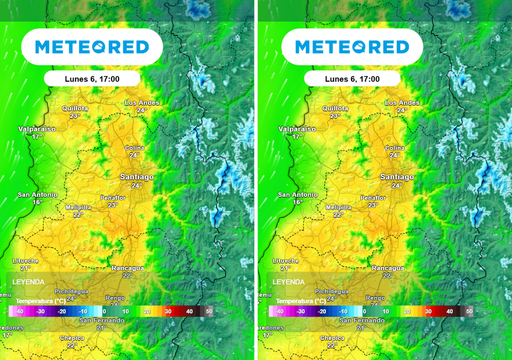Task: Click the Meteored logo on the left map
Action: point(92,47)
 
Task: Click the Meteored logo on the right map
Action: point(352,47)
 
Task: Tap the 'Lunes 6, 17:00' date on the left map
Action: point(92,79)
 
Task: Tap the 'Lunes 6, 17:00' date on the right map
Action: point(352,79)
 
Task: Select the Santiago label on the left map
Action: point(136,177)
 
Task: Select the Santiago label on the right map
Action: point(397,177)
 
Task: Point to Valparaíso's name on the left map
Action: point(37,129)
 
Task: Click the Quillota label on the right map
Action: point(335,108)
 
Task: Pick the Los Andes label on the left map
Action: point(142,103)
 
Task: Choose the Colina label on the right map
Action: point(394,148)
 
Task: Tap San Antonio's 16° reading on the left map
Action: point(37,202)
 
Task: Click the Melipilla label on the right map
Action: point(338,207)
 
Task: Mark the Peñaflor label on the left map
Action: point(113,198)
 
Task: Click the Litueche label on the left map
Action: point(26,261)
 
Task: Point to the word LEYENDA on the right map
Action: point(289,282)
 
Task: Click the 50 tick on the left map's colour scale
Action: point(209,311)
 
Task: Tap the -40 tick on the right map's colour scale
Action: point(279,311)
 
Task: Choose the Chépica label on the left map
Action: point(72,338)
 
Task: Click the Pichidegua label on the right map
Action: point(331,291)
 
